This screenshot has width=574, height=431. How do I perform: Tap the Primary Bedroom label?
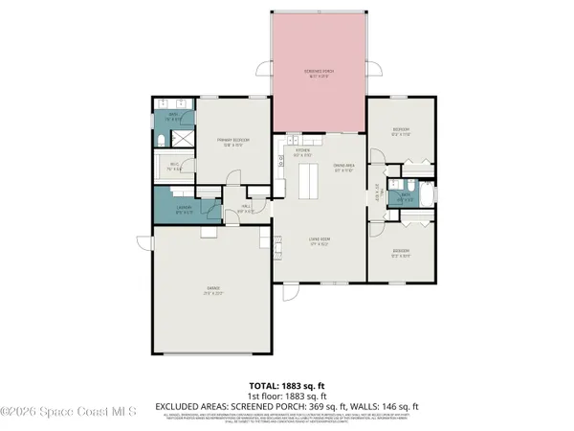point(232,142)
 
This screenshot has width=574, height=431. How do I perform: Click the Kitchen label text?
point(302,151)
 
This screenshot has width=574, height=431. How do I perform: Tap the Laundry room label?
point(185,209)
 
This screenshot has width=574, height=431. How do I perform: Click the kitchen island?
point(310,180)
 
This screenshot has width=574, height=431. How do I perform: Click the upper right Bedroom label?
point(401,131)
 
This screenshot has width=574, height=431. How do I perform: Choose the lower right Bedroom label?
point(401,254)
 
